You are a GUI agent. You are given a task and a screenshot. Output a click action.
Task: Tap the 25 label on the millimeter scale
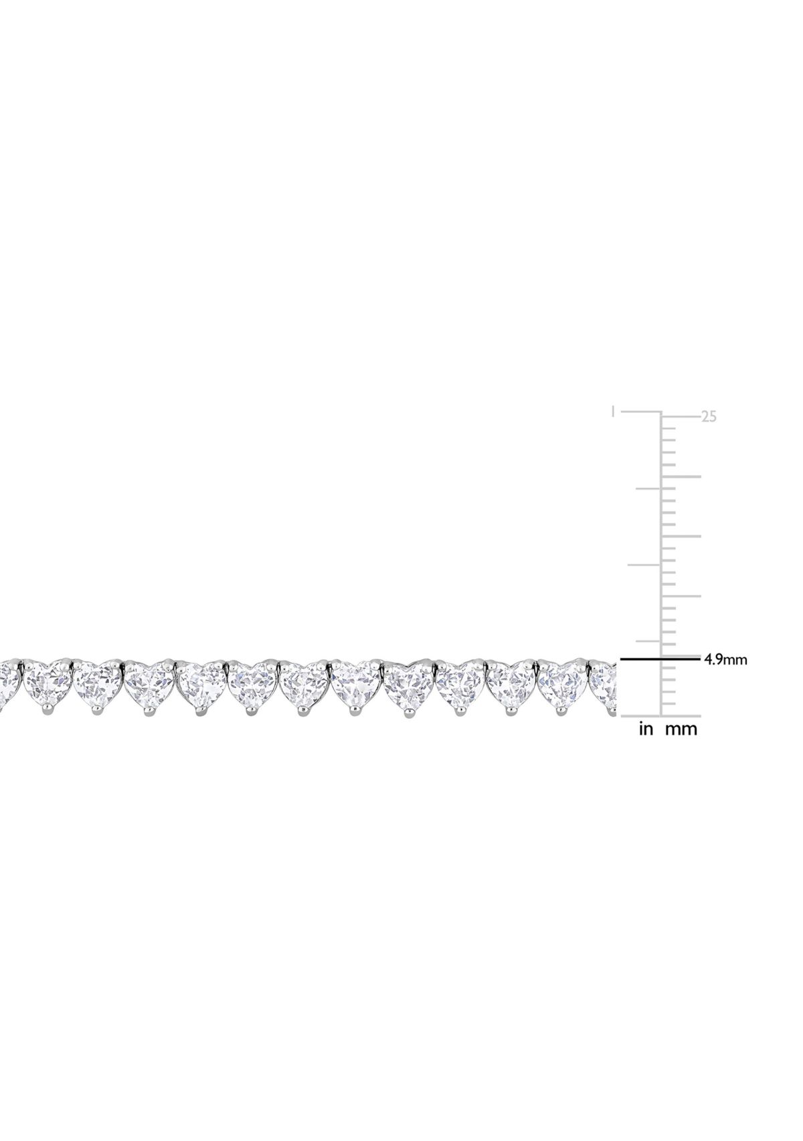pyautogui.click(x=708, y=417)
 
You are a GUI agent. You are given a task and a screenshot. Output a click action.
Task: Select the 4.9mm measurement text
pyautogui.click(x=725, y=659)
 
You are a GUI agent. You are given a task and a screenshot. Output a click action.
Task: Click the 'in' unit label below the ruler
pyautogui.click(x=646, y=729)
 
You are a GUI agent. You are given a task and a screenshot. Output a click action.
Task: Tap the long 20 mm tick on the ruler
pyautogui.click(x=681, y=477)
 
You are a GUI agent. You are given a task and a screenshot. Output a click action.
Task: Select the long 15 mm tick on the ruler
pyautogui.click(x=681, y=537)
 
